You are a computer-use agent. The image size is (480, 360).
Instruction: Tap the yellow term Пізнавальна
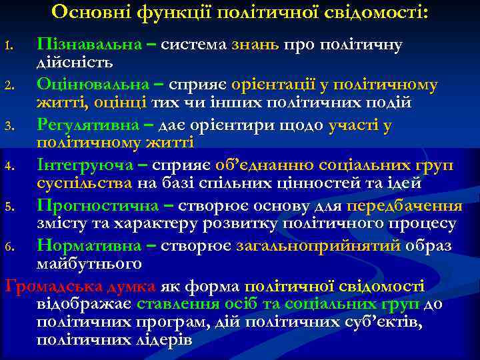coord(89,45)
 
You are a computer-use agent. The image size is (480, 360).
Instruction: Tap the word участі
coord(357,125)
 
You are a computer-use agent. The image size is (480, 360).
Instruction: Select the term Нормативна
coord(89,246)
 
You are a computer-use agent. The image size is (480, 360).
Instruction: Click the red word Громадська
coord(45,287)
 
